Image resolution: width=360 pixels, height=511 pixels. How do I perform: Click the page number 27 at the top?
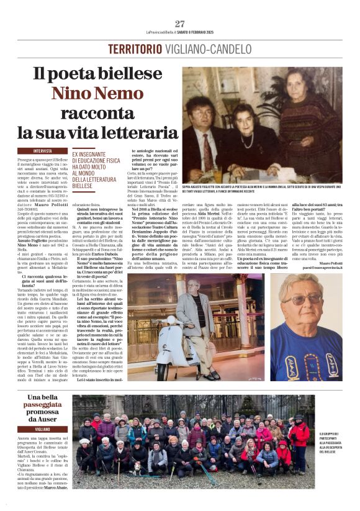[x=180, y=24]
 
